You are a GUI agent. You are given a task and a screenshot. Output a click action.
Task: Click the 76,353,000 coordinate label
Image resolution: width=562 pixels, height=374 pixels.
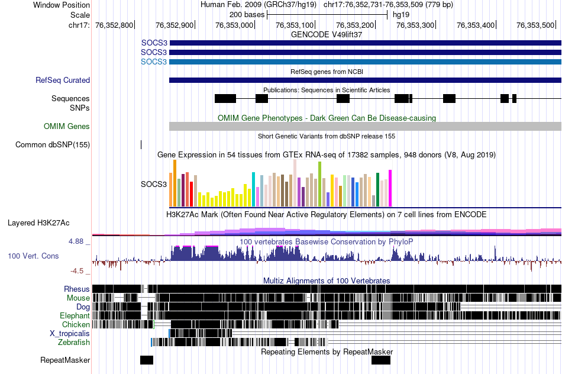pos(234,25)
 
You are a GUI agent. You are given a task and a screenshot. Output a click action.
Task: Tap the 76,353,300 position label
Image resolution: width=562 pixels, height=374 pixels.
pos(415,25)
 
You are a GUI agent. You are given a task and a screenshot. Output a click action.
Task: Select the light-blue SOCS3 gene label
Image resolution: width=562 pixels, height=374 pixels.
pos(154,62)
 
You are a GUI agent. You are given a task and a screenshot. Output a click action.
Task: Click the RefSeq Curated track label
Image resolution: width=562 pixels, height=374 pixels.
pos(63,80)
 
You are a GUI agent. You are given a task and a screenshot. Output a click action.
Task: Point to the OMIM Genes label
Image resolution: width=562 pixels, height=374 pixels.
pos(67,126)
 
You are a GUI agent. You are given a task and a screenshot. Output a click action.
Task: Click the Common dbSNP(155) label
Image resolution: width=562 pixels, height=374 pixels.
pos(53,144)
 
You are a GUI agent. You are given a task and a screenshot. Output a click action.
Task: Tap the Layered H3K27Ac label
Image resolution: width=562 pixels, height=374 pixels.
pos(38,223)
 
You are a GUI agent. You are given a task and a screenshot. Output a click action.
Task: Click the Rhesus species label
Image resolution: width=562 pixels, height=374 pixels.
pos(77,289)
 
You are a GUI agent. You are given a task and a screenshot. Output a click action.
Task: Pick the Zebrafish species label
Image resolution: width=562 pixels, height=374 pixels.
pos(74,342)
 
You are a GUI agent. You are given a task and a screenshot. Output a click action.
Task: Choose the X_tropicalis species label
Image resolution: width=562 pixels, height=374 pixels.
pos(70,333)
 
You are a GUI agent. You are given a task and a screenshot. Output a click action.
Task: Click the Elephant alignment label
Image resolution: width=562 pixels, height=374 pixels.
pos(75,315)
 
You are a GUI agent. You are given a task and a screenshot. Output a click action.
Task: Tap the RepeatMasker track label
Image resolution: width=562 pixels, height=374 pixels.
pos(65,360)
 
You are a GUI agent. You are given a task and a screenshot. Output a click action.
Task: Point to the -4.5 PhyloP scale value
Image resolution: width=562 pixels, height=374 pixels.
pos(77,271)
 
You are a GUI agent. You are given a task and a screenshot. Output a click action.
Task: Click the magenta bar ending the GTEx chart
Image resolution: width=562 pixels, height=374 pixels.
pos(390,188)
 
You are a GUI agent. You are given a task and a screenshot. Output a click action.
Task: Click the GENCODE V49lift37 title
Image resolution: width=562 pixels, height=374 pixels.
pos(327,34)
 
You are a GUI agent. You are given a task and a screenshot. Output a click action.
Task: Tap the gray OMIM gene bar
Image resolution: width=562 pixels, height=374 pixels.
pos(365,126)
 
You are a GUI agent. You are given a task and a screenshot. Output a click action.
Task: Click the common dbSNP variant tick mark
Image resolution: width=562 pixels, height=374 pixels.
pos(141,144)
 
